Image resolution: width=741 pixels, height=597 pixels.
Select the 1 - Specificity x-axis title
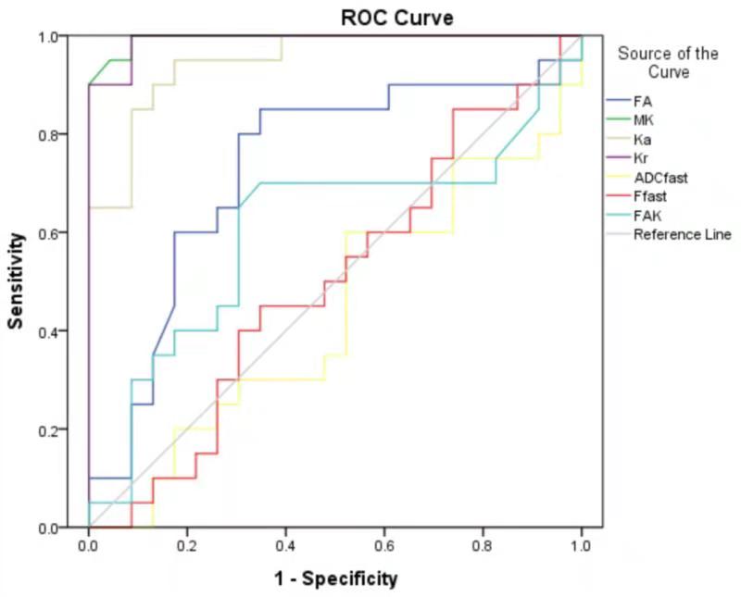334,579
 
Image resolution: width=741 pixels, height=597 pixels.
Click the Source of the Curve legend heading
667,63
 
